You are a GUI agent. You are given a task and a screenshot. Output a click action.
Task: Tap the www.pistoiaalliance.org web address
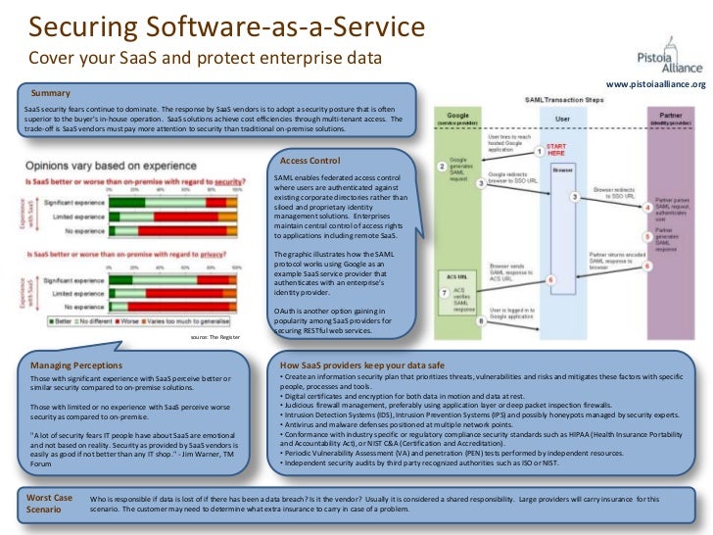(655, 85)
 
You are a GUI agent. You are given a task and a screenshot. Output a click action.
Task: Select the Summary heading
(51, 93)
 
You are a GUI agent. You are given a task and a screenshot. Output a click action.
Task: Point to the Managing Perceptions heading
(75, 365)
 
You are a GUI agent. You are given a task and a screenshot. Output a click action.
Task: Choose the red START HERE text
(555, 149)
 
